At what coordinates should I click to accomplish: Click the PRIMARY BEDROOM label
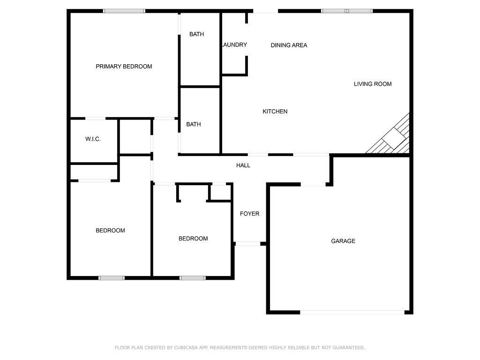click(x=124, y=67)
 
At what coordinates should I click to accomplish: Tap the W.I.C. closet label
click(x=93, y=139)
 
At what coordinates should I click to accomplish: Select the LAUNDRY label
click(x=234, y=45)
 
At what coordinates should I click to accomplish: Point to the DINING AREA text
click(x=289, y=45)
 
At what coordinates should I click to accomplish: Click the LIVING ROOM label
click(x=373, y=84)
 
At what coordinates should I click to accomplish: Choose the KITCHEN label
click(x=275, y=112)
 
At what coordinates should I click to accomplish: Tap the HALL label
click(x=243, y=165)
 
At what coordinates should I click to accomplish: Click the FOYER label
click(x=249, y=214)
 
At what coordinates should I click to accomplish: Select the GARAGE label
click(x=343, y=241)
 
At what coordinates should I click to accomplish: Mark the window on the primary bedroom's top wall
click(x=124, y=11)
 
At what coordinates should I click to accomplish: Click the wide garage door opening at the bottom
click(x=352, y=312)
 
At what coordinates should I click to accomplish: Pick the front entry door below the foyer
click(x=247, y=244)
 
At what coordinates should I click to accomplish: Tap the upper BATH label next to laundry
click(x=196, y=34)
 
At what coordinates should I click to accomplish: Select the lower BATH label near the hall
click(x=194, y=124)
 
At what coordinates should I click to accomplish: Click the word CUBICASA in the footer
click(x=187, y=348)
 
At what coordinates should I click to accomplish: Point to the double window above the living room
click(x=347, y=11)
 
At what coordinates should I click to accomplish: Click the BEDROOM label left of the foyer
click(x=193, y=239)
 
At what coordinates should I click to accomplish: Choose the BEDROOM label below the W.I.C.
click(x=110, y=231)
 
